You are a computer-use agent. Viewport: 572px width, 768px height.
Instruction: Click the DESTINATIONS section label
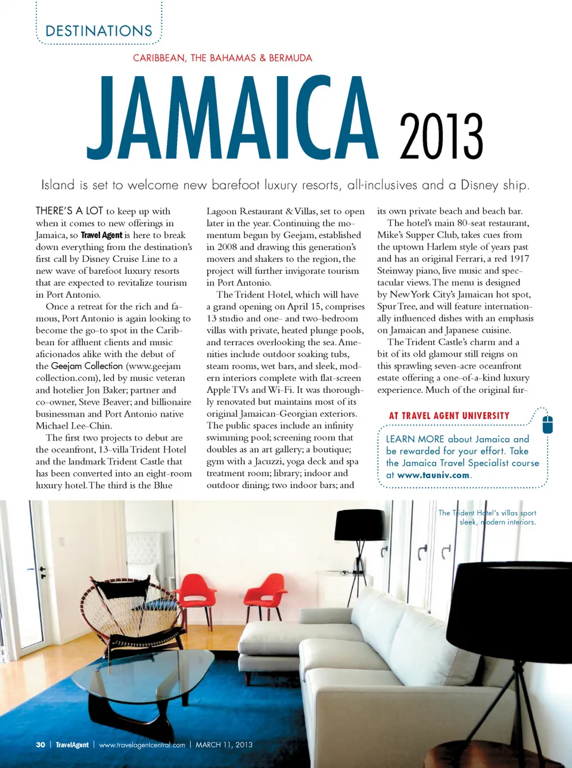click(99, 31)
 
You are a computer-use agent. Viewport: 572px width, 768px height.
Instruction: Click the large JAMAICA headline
click(232, 119)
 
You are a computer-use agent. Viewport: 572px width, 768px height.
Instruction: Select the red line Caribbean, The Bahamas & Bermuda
click(222, 58)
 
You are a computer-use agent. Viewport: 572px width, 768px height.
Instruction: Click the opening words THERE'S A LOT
click(69, 211)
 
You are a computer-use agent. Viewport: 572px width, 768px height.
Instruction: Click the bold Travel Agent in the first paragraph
click(101, 235)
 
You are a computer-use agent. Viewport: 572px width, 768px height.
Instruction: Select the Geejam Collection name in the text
click(87, 366)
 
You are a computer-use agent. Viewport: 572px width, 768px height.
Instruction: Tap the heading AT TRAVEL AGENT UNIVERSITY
click(449, 416)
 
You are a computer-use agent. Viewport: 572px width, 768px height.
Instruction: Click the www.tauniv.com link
click(433, 475)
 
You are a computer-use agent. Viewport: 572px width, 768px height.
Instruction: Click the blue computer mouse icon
click(548, 424)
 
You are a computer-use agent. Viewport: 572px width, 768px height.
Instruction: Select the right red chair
click(267, 589)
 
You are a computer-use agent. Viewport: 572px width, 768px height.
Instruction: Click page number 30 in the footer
click(41, 745)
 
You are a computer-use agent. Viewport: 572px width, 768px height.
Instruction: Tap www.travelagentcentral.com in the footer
click(142, 745)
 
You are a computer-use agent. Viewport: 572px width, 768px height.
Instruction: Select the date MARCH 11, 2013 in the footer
click(224, 745)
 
